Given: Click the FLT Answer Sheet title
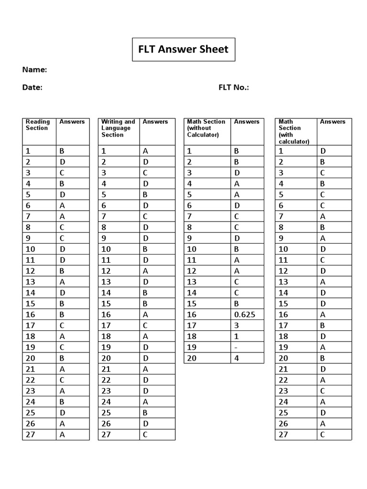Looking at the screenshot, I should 183,49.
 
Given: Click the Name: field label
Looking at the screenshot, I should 34,70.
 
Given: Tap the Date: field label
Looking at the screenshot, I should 32,87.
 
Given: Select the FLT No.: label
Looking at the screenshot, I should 234,87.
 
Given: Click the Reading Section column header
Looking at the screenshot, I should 37,125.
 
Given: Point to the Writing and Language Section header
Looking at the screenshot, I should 118,128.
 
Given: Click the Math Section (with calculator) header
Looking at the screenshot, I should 294,131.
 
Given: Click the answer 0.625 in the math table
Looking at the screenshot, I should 245,315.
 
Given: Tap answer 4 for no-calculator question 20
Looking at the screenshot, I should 236,358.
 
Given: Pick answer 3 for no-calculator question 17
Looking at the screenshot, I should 236,325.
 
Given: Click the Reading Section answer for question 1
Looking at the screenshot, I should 62,151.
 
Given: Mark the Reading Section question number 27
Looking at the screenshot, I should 30,434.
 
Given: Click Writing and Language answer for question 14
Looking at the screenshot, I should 145,293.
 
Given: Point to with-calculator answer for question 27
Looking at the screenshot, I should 323,434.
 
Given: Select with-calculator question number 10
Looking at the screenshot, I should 283,249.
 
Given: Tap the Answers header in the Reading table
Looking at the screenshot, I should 72,122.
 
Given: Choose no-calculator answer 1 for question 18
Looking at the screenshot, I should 236,336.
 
